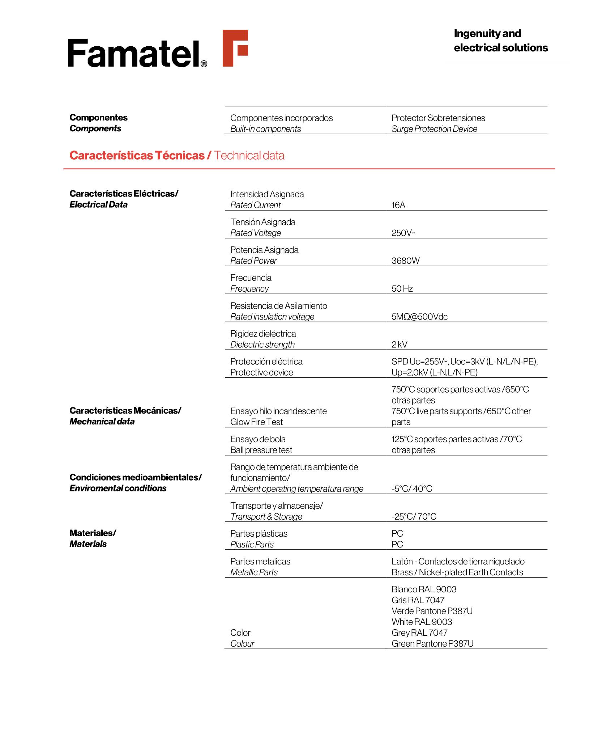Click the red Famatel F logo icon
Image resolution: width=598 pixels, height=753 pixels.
click(x=235, y=48)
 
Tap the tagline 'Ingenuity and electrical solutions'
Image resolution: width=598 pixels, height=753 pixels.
click(x=500, y=41)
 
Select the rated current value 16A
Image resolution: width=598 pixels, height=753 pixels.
click(x=398, y=205)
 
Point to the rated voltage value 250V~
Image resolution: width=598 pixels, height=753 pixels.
click(x=403, y=233)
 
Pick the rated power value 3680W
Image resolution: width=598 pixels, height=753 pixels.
click(x=405, y=261)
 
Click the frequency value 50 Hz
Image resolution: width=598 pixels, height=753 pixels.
click(x=402, y=289)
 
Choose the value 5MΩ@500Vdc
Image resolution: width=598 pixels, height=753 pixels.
click(x=419, y=317)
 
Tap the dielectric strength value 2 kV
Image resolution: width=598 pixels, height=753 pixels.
click(x=399, y=344)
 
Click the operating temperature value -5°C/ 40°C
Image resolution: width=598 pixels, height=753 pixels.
click(x=411, y=489)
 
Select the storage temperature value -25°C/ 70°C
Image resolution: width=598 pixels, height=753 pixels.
click(x=414, y=517)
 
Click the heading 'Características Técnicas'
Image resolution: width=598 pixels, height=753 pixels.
click(x=137, y=156)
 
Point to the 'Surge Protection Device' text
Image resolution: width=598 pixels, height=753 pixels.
click(x=434, y=129)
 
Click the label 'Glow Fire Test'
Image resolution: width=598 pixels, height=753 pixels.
click(x=256, y=422)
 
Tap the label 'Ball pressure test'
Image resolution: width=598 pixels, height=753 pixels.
click(x=261, y=450)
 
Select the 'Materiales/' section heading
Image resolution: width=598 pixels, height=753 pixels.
click(x=93, y=533)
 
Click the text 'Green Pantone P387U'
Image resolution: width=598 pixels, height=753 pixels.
click(x=432, y=644)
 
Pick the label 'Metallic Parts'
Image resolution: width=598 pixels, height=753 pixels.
click(x=254, y=572)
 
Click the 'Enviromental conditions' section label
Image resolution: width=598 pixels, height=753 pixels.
click(x=118, y=488)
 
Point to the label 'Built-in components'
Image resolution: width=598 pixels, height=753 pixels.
click(x=265, y=129)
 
